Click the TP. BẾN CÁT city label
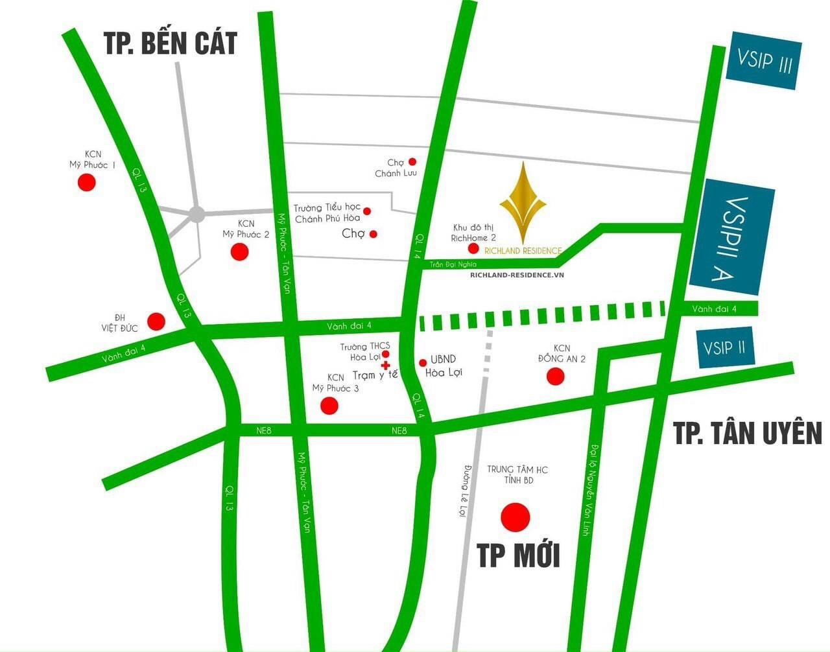tap(171, 43)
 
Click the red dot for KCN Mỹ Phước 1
tap(86, 182)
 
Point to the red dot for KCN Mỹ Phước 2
tap(240, 251)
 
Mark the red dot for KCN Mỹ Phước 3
tap(330, 406)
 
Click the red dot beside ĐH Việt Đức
tap(156, 321)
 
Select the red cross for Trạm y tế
tap(386, 366)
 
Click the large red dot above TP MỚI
tap(516, 517)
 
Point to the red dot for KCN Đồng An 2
tap(555, 376)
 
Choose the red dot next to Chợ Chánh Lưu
tap(412, 161)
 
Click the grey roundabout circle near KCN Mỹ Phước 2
tap(196, 214)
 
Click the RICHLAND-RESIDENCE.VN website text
tap(517, 274)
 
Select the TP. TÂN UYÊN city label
tap(747, 433)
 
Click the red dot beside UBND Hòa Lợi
tap(423, 362)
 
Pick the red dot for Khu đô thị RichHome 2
tap(473, 248)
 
